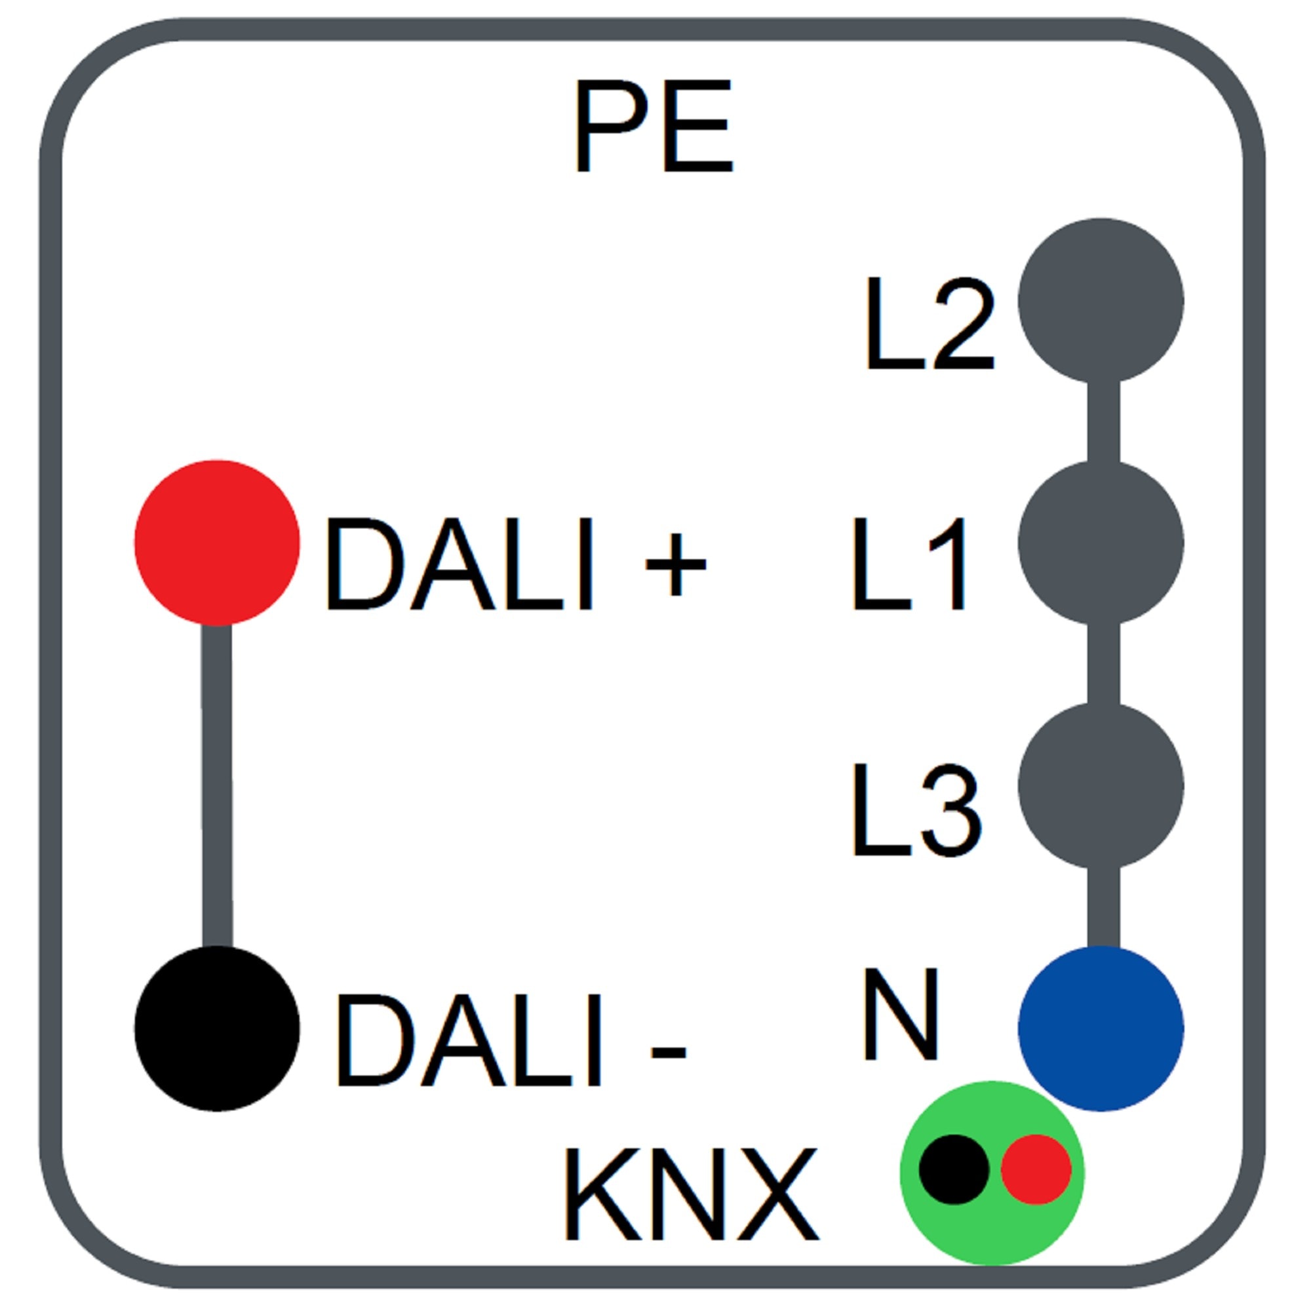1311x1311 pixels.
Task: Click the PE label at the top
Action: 654,127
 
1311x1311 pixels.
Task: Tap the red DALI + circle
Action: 216,542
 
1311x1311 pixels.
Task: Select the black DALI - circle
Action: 216,1028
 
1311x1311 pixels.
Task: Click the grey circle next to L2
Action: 1101,301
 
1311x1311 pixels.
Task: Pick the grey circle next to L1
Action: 1101,542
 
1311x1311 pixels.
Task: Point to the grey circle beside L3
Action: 1101,785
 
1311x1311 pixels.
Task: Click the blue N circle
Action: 1101,1028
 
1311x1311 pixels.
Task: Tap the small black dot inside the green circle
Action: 953,1169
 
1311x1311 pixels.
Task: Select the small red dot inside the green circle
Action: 1036,1169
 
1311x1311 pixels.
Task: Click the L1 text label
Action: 909,564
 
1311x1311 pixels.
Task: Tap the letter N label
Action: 901,1014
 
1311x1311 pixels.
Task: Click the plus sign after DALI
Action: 675,564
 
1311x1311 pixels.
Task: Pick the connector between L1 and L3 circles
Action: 1103,663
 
